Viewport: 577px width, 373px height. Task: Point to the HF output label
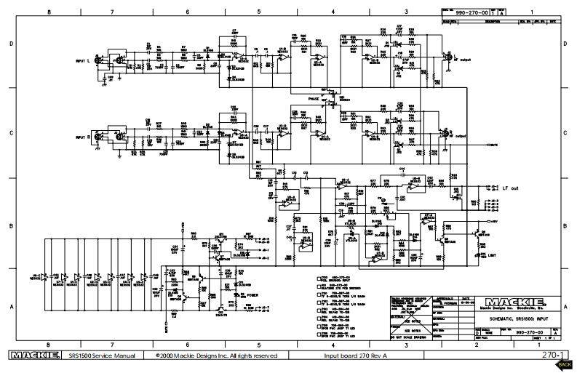point(461,60)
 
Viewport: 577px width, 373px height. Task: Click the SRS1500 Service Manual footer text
point(98,356)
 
